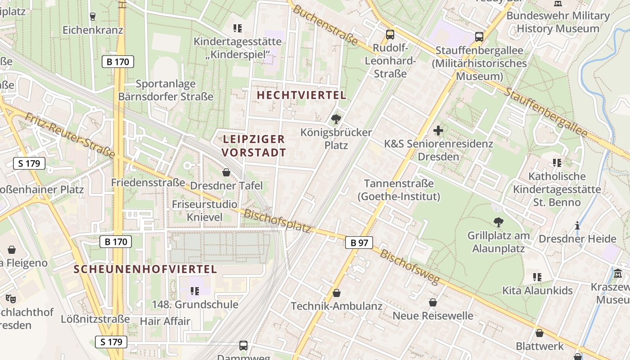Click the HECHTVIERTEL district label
(301, 95)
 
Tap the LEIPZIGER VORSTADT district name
(254, 146)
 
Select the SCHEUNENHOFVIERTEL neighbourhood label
(145, 269)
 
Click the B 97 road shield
(359, 243)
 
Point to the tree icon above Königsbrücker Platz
(336, 119)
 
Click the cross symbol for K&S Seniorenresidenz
(438, 131)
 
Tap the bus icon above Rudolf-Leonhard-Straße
(390, 35)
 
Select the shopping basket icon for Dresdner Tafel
(226, 172)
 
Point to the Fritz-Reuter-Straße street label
(70, 135)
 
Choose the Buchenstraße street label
(325, 26)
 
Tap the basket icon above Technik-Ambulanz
(336, 293)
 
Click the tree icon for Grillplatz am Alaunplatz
(498, 222)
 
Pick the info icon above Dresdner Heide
(577, 225)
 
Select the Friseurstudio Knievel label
(204, 211)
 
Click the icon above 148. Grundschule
(194, 291)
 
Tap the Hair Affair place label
(165, 321)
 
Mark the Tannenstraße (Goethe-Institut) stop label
(399, 190)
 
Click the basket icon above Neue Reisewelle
(433, 302)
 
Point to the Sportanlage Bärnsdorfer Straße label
(166, 90)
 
